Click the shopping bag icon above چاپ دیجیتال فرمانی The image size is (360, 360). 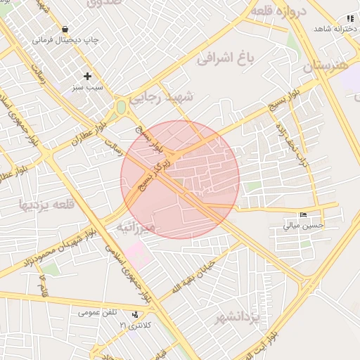[65, 30]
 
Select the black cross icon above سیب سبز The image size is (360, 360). [88, 76]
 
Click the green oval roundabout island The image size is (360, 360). [122, 108]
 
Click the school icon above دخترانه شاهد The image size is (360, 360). [350, 18]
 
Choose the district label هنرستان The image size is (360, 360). [327, 67]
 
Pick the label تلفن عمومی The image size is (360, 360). [98, 312]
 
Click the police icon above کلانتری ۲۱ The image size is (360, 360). [135, 315]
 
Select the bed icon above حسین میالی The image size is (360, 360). [303, 214]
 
